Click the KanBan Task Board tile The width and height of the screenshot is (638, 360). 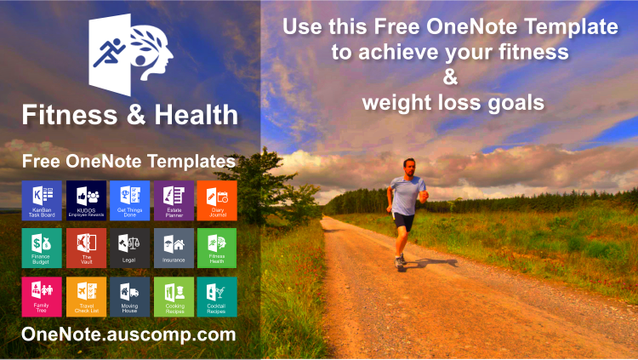point(41,200)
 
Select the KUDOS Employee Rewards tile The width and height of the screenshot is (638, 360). point(85,200)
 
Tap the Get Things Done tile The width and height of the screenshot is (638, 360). point(129,200)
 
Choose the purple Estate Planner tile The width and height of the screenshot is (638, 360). point(174,200)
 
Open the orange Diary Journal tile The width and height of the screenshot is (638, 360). point(217,200)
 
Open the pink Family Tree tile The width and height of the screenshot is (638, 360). point(41,297)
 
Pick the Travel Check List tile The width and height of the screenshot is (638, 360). point(85,297)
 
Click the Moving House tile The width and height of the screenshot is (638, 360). point(129,297)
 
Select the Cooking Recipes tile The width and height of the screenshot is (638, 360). point(174,297)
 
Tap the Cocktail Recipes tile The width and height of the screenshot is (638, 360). point(217,297)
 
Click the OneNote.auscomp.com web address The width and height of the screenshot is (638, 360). point(128,334)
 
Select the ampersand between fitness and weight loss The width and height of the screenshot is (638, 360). point(451,77)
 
